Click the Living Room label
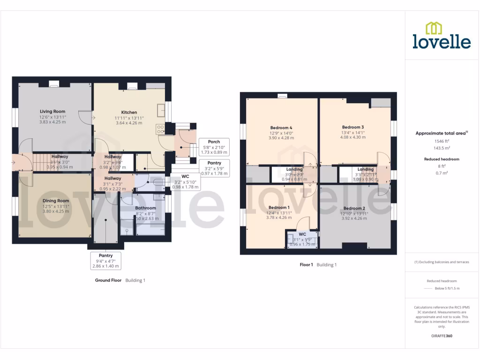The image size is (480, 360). pos(52,112)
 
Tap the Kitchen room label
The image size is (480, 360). pos(129,112)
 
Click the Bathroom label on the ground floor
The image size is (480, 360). pos(145,208)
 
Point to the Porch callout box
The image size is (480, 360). pos(214,147)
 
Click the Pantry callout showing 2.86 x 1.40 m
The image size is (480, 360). pos(106,261)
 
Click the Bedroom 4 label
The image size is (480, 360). pos(281,127)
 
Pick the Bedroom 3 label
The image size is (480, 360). pos(353,127)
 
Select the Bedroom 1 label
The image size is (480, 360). pos(279,207)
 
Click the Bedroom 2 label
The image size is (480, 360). pos(354,208)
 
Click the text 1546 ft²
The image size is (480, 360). pos(442,141)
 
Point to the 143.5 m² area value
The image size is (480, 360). pos(442,147)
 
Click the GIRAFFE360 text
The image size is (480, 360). pos(442,336)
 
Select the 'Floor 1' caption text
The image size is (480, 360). pos(306,265)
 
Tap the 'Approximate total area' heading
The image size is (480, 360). pos(441,134)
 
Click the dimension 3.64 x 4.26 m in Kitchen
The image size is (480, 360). pos(129,123)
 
